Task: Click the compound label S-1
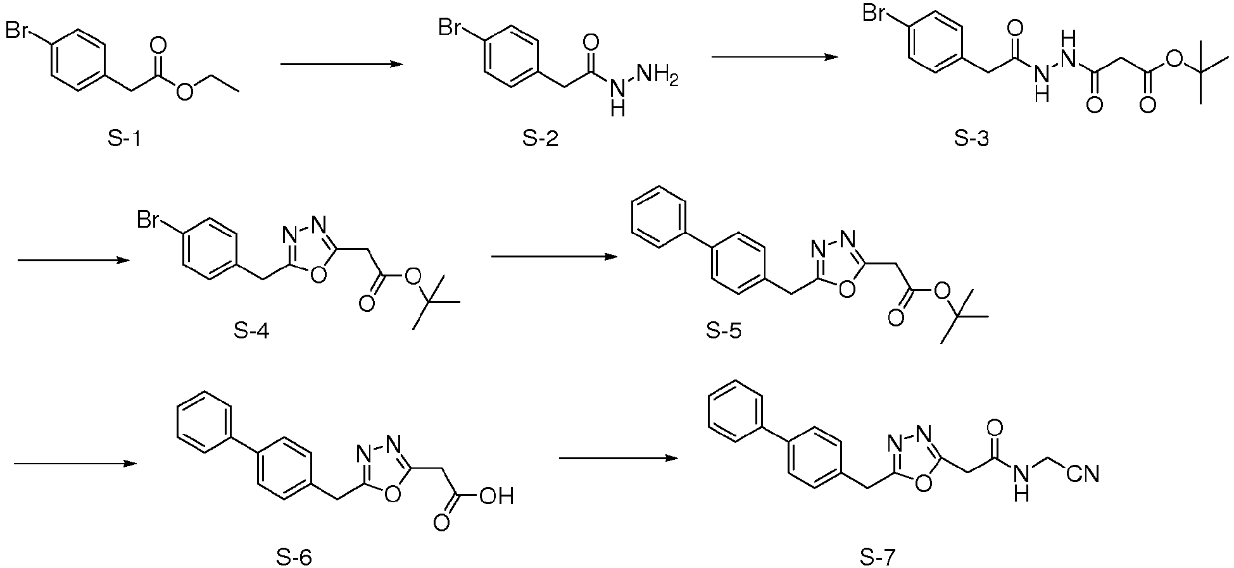[124, 139]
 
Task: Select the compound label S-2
[541, 139]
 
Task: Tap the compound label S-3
[972, 139]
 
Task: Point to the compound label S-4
[251, 330]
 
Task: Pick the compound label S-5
[724, 330]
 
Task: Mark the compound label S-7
[878, 557]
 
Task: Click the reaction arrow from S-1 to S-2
[343, 64]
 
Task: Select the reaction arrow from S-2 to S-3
[775, 57]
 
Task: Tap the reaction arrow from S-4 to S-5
[554, 257]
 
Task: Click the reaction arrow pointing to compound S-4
[74, 260]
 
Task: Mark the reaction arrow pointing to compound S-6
[75, 464]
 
